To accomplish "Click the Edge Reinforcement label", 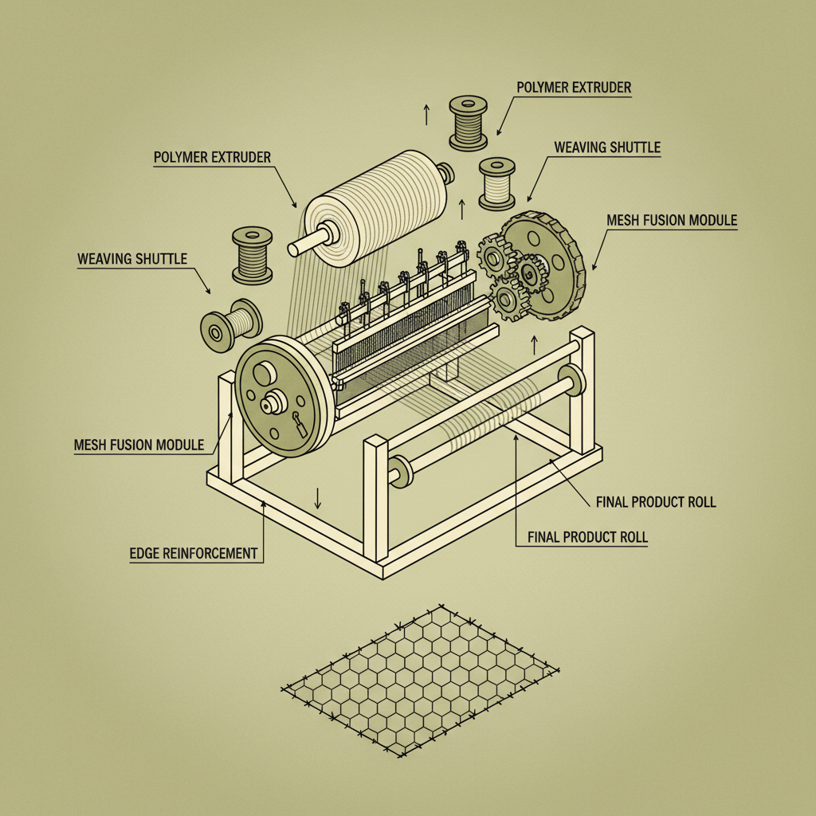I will coord(194,552).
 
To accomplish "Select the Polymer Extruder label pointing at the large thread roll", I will coord(211,156).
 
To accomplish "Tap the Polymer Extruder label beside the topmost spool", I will coord(574,86).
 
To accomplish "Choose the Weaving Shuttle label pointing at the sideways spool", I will coord(132,259).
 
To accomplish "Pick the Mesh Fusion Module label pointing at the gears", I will coord(672,220).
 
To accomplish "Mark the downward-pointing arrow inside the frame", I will coord(317,498).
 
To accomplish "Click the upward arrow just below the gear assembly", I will coord(534,344).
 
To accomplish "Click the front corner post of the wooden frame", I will coord(375,502).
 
